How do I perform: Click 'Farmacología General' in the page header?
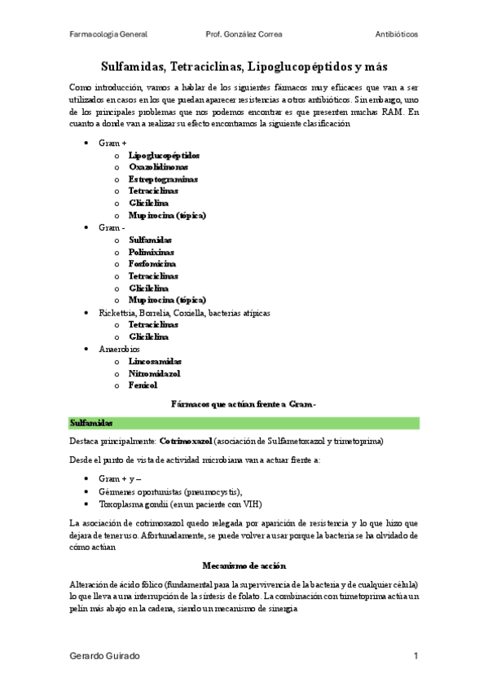click(108, 36)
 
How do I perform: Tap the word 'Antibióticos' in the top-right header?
click(397, 36)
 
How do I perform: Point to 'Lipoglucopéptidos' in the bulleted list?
click(164, 155)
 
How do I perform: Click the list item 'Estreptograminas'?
click(163, 179)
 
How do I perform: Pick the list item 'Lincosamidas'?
click(155, 361)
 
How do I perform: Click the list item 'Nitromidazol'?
click(154, 373)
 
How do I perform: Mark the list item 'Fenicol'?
click(143, 385)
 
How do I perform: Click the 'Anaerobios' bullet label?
click(119, 349)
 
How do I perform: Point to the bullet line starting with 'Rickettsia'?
click(184, 313)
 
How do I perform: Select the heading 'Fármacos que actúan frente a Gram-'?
click(244, 404)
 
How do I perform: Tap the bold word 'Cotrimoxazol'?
click(185, 441)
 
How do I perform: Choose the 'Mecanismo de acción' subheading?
click(244, 566)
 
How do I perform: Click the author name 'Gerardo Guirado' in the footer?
click(103, 656)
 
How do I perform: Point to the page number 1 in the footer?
click(415, 656)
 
